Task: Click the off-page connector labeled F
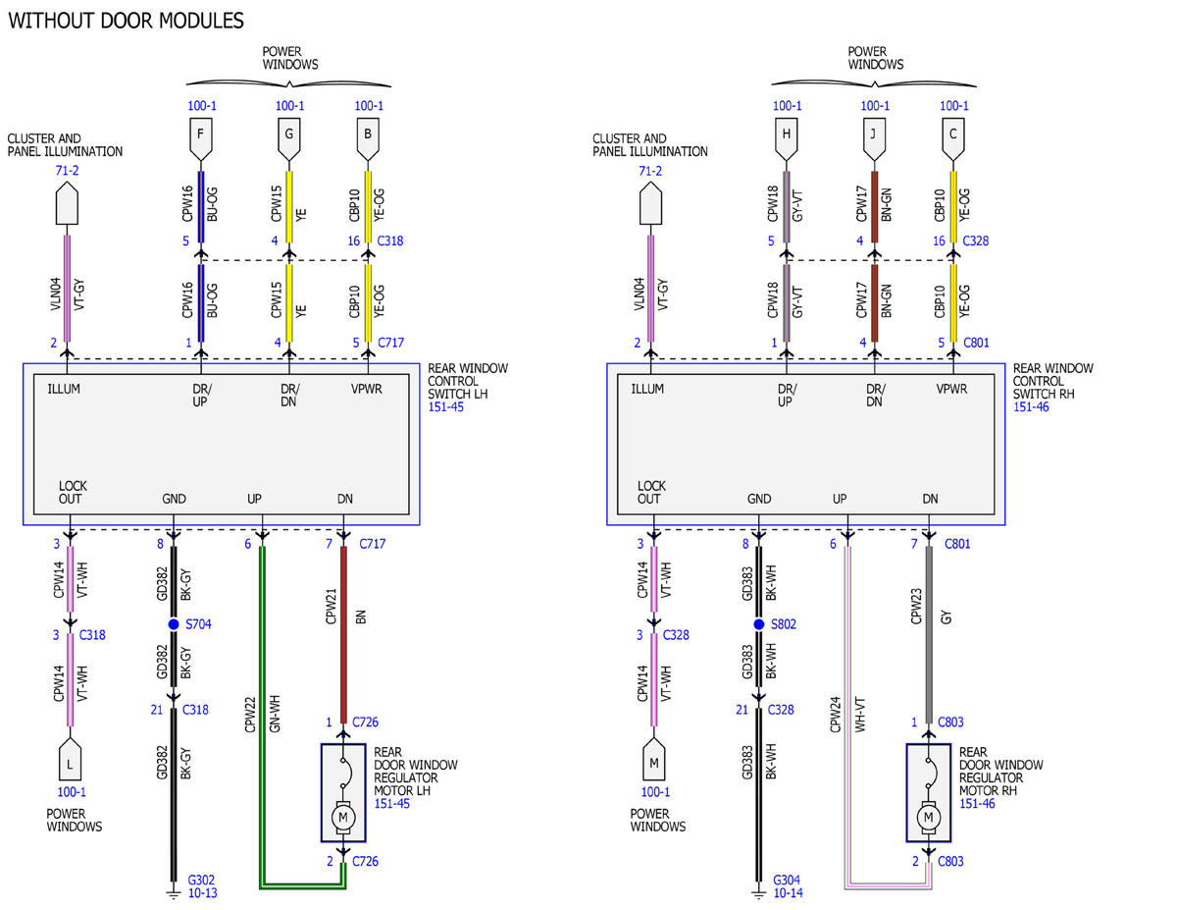tap(200, 139)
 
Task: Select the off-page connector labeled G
tap(288, 139)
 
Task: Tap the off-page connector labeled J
tap(874, 139)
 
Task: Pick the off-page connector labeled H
tap(786, 139)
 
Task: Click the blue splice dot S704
tap(174, 624)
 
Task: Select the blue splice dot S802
tap(758, 624)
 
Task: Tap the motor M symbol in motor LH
tap(343, 817)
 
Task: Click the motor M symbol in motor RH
tap(928, 817)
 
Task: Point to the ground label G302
tap(201, 880)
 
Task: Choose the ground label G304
tap(786, 880)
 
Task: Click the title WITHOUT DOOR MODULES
tap(126, 21)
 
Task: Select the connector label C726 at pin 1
tap(365, 722)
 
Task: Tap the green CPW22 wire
tap(263, 716)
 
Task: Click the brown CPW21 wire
tap(343, 635)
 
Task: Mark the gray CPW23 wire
tap(929, 635)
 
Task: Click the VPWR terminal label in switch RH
tap(951, 389)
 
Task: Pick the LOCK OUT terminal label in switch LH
tap(73, 492)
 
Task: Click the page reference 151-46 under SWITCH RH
tap(1031, 407)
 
